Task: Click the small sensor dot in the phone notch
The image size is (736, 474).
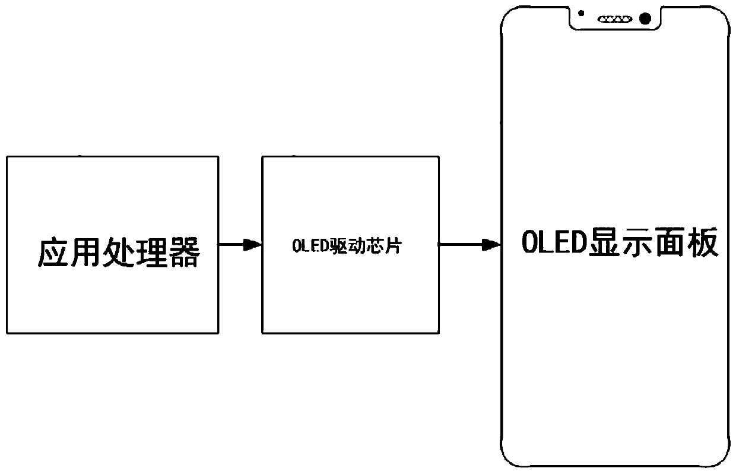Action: pos(581,13)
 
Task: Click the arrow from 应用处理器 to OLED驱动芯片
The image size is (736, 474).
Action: pos(240,244)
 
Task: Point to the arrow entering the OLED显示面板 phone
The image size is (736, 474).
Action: pos(469,244)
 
